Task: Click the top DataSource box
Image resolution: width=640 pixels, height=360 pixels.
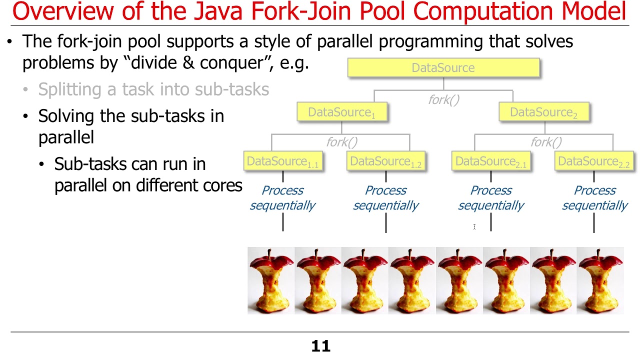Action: point(443,68)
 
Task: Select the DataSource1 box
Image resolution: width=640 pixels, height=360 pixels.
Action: point(341,112)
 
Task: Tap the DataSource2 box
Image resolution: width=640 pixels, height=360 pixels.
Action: point(543,112)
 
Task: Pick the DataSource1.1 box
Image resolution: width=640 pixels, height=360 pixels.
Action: point(283,161)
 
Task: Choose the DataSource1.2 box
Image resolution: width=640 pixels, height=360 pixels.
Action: point(385,161)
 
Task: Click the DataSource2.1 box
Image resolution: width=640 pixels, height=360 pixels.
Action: point(491,161)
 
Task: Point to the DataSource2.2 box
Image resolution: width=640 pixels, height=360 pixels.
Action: point(594,161)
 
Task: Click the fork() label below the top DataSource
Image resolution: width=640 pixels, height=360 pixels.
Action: point(443,100)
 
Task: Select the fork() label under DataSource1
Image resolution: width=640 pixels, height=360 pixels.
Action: point(342,142)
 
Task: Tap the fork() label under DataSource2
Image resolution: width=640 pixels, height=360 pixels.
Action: point(546,142)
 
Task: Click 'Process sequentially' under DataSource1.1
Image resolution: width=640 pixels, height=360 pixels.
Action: point(283,198)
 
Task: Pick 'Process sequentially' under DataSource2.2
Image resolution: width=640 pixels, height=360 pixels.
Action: point(594,198)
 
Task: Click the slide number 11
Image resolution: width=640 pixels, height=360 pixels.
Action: point(320,346)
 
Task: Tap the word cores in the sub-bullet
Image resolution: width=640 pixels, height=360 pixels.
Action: point(220,185)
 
